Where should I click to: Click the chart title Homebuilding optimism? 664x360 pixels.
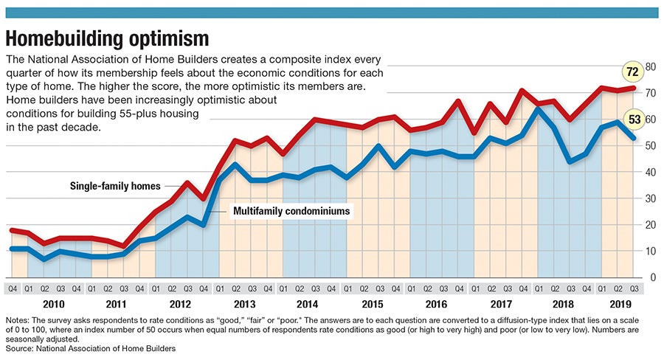tap(108, 38)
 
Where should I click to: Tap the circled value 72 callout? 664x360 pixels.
tap(631, 72)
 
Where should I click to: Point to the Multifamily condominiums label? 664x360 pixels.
tap(291, 211)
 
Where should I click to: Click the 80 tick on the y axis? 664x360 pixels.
tap(651, 66)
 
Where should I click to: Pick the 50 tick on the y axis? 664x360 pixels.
tap(651, 145)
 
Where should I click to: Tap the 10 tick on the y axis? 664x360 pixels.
tap(651, 251)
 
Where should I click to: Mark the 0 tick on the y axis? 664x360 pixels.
tap(651, 277)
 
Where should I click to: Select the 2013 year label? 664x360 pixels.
tap(243, 303)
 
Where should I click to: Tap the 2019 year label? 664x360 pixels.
tap(619, 303)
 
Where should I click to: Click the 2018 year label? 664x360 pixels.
tap(562, 303)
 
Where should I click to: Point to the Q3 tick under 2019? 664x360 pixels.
tap(635, 288)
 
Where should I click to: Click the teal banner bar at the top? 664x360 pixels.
tap(332, 13)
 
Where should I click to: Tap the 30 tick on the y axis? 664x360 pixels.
tap(651, 198)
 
